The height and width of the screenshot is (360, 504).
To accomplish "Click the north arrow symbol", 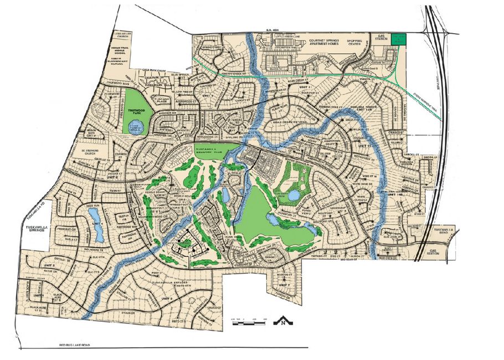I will [x=283, y=321].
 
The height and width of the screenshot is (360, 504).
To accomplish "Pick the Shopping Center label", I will [x=359, y=40].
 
